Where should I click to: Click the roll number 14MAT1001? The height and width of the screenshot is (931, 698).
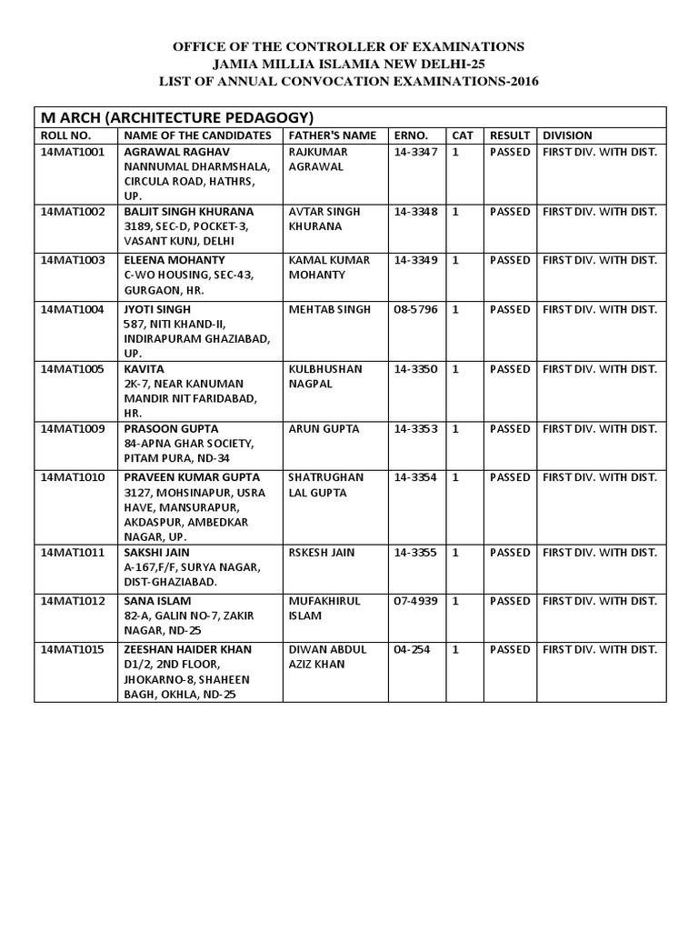coord(73,152)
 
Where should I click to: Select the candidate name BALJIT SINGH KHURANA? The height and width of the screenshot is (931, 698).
coord(189,212)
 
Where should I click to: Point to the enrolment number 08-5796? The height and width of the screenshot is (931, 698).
coord(415,310)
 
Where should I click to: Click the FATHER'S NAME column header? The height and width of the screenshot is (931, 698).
coord(331,135)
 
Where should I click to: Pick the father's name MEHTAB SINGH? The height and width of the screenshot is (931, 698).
coord(329,310)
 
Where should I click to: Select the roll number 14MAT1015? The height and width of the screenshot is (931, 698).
coord(73,650)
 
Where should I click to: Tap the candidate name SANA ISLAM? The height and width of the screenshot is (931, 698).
coord(157,601)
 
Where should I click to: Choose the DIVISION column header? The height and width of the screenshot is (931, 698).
coord(566,135)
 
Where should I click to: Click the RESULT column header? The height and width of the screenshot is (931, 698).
coord(509,135)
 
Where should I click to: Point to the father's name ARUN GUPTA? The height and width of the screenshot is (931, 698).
coord(324,428)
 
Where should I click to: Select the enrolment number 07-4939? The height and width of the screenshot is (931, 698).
coord(415,601)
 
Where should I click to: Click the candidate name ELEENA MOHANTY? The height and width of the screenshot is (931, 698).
coord(176,260)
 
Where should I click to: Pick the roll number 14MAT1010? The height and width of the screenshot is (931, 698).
coord(73,477)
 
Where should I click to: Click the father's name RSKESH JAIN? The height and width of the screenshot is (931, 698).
coord(321,552)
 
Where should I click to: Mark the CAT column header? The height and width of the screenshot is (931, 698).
coord(462,135)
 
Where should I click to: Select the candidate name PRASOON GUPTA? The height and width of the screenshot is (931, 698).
coord(171,428)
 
